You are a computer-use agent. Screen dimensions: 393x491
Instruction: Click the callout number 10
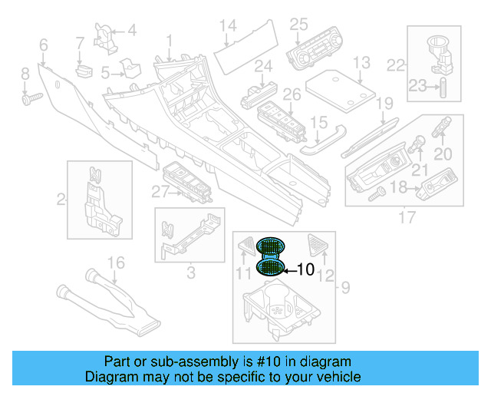point(305,269)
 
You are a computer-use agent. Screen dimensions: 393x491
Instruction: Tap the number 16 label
point(114,263)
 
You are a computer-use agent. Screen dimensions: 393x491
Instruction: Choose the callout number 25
point(298,24)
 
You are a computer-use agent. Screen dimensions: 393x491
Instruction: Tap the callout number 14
point(228,26)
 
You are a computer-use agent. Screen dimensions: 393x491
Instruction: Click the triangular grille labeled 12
point(318,245)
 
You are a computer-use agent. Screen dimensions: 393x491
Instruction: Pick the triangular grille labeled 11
point(246,246)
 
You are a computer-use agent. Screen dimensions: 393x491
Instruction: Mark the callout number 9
point(345,288)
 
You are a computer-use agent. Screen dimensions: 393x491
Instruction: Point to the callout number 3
point(190,272)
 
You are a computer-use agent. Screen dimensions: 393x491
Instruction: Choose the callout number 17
point(407,218)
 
